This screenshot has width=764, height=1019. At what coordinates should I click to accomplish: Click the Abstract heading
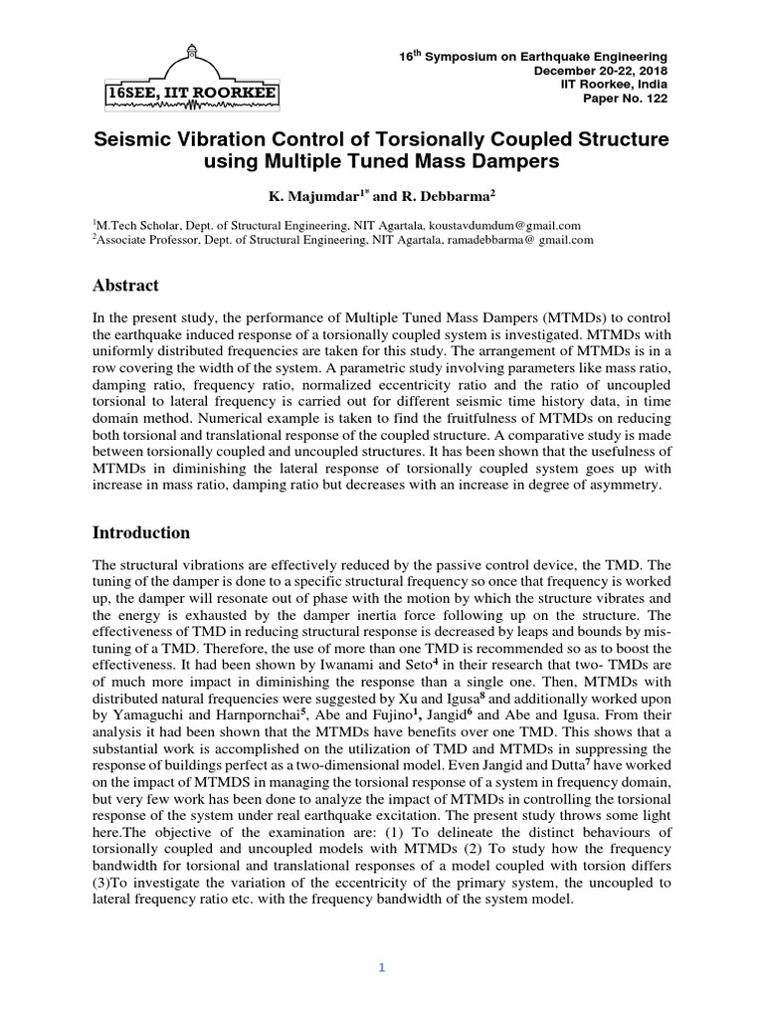[x=125, y=286]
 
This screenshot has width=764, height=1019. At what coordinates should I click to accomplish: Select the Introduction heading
[x=140, y=532]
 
